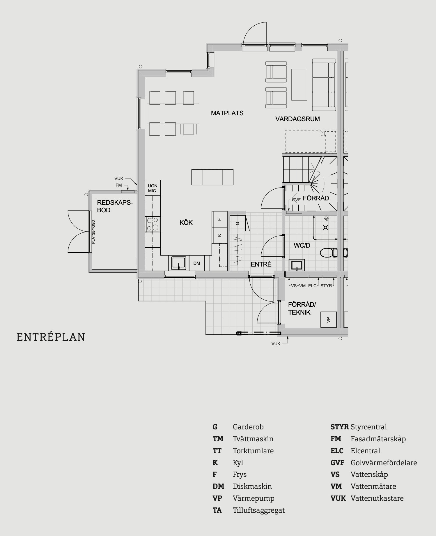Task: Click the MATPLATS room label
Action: coord(227,113)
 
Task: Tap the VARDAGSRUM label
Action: coord(297,119)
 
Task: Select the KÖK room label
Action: coord(186,223)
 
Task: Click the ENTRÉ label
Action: coord(261,264)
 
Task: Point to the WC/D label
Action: coord(302,245)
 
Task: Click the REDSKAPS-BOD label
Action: coord(115,206)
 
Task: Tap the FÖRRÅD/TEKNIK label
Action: coord(302,308)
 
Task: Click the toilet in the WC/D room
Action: coord(328,253)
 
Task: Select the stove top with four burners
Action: coord(153,224)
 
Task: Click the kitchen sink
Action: coord(178,263)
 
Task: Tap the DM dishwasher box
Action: coord(197,263)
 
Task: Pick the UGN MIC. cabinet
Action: coord(153,188)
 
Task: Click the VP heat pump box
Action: coord(329,320)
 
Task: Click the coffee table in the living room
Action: coord(299,84)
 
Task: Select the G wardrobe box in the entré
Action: coord(238,223)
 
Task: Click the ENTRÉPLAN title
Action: coord(51,337)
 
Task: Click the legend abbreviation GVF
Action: coord(337,463)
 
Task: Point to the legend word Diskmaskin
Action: coord(252,486)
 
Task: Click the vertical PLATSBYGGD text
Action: coord(93,232)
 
